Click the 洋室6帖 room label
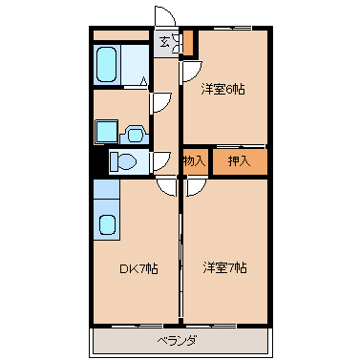[x=222, y=90]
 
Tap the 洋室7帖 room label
[x=224, y=268]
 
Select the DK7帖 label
[x=138, y=269]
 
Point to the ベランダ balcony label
[x=177, y=341]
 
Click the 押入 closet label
[x=239, y=161]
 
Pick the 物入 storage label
[x=194, y=161]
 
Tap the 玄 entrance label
[x=164, y=42]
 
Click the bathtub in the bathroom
[x=106, y=65]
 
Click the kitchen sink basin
[x=107, y=225]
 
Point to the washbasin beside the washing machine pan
[x=135, y=135]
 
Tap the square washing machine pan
[x=106, y=131]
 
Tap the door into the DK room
[x=166, y=186]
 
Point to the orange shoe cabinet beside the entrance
[x=188, y=42]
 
